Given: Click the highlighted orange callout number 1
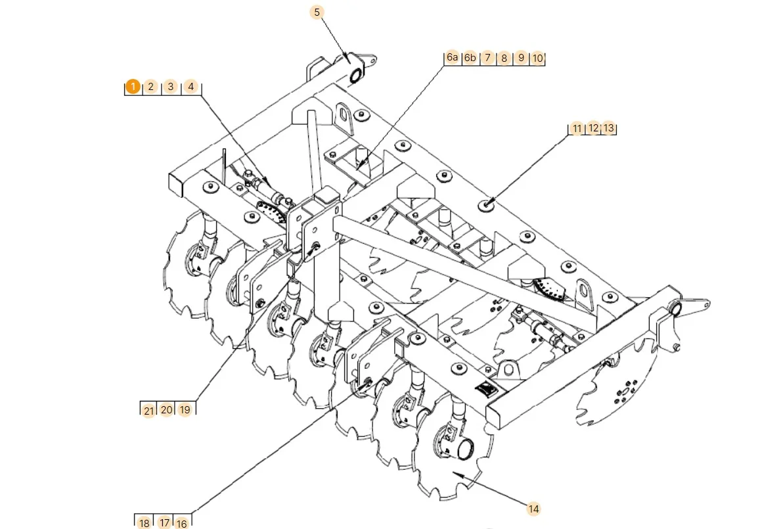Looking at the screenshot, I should [133, 87].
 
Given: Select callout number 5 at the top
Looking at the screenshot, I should [317, 12].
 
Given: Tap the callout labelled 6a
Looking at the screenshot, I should [452, 58].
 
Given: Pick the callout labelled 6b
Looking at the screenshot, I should [470, 58].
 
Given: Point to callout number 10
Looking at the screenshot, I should [537, 58].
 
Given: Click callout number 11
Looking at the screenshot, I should [577, 129].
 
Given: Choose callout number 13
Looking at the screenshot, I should [609, 129].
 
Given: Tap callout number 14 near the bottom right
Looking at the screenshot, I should [533, 508].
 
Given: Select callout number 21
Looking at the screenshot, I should [149, 410].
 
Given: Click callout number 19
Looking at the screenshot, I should [185, 410].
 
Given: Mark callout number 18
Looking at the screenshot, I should [144, 523].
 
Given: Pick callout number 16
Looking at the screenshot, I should [181, 523].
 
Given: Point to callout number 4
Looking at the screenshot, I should [190, 87].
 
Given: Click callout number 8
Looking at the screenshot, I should [504, 58].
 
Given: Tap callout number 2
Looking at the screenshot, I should [150, 87].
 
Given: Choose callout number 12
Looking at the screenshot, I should [593, 129].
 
